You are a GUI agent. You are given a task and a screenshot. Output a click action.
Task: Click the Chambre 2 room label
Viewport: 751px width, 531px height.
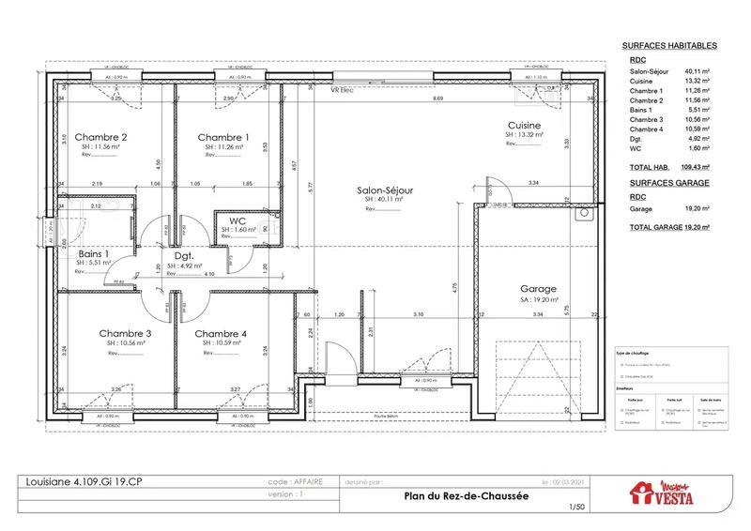[100, 137]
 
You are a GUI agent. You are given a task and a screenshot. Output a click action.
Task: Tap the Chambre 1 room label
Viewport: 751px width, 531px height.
[222, 137]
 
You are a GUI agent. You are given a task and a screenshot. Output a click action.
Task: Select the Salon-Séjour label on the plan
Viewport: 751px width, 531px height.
[385, 190]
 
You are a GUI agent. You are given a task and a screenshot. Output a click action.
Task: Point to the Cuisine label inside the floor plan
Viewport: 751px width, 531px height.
[523, 126]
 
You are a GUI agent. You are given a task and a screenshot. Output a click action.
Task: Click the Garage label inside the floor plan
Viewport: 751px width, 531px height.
[539, 290]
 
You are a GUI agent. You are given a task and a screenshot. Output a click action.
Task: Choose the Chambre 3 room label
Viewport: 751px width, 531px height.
[125, 333]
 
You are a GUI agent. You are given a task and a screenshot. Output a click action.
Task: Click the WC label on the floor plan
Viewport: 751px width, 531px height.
[238, 220]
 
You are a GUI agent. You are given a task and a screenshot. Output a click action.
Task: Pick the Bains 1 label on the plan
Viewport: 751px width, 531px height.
[94, 254]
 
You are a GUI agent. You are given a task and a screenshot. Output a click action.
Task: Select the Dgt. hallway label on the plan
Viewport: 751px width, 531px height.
[183, 255]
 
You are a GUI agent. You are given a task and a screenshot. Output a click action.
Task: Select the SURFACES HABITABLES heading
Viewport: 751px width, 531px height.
[670, 45]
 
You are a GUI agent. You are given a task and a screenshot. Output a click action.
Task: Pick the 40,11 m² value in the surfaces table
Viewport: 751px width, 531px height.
[697, 71]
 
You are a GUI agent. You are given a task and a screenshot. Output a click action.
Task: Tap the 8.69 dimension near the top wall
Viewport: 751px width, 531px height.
[437, 99]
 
